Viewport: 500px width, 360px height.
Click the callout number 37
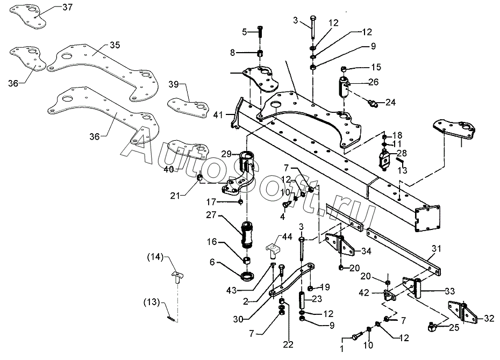tap(67, 7)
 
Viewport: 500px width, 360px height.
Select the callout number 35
tap(115, 45)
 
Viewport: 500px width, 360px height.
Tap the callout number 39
tap(174, 84)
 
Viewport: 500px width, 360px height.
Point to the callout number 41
tap(218, 114)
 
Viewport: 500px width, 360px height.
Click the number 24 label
tap(390, 102)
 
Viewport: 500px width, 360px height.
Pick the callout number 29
tap(226, 154)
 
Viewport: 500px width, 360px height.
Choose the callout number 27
tap(211, 215)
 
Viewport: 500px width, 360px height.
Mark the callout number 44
tap(287, 237)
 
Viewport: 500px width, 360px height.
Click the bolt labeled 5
tap(260, 31)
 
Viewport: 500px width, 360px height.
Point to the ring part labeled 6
tap(247, 276)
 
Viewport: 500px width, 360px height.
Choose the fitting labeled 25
tap(432, 326)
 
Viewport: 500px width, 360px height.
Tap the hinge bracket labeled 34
tap(340, 246)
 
